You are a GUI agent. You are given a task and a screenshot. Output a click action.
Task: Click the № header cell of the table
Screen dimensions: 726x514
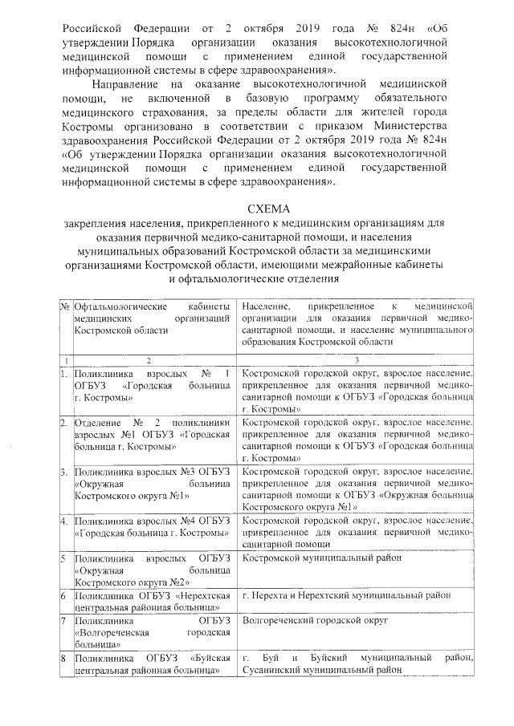[64, 307]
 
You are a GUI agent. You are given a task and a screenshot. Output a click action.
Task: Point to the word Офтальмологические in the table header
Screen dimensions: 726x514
[120, 307]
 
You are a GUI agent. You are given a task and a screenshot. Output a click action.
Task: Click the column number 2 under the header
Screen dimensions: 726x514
[149, 360]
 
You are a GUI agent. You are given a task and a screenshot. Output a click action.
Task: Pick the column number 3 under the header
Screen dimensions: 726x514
[357, 360]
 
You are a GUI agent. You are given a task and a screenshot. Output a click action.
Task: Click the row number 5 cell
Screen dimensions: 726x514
[63, 558]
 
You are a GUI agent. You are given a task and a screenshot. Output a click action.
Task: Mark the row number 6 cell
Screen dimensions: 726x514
[63, 596]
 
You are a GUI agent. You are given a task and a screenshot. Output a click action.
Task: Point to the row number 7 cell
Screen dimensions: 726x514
[63, 621]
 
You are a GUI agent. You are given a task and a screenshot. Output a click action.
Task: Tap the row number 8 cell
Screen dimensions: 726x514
[63, 659]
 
